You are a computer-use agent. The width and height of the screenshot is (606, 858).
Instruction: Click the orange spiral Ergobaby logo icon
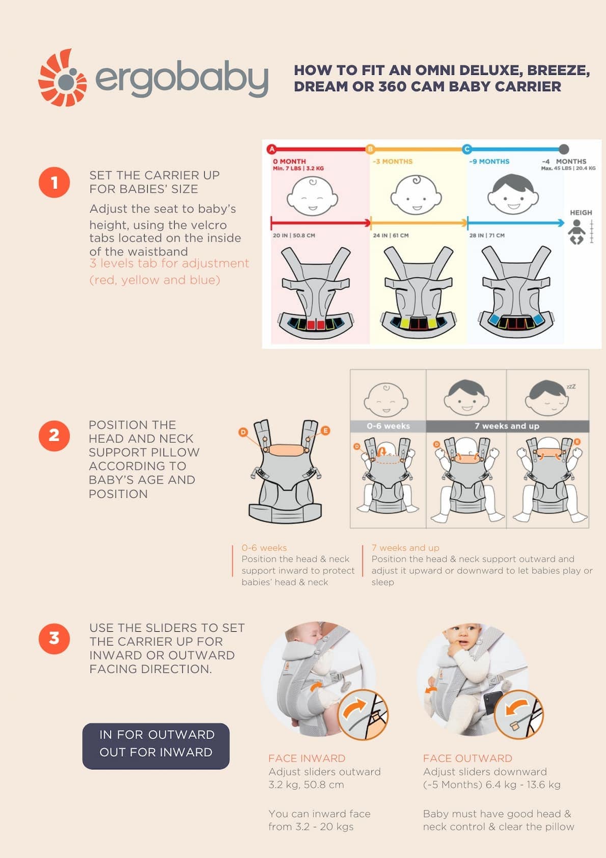click(63, 78)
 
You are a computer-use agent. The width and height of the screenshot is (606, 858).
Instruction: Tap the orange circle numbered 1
click(54, 182)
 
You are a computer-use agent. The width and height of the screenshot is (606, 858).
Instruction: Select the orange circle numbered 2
click(54, 436)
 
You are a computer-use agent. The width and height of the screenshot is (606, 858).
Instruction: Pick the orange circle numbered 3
click(54, 638)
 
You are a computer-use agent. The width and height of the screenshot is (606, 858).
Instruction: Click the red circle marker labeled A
click(271, 149)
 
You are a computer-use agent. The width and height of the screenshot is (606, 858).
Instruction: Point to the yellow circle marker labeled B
click(370, 149)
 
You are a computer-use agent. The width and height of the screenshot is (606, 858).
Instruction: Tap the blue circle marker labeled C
click(466, 149)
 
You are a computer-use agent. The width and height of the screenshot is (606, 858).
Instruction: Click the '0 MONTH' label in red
click(289, 162)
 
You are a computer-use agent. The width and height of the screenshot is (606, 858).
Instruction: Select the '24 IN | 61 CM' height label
click(391, 235)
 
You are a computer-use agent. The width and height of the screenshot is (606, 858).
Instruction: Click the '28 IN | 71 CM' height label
click(487, 235)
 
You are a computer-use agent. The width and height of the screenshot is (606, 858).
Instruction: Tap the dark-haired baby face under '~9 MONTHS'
click(513, 194)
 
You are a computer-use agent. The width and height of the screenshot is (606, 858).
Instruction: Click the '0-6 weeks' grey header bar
click(388, 426)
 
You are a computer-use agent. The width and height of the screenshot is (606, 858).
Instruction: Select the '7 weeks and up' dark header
click(508, 426)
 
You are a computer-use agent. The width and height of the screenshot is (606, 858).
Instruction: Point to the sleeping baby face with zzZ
click(548, 398)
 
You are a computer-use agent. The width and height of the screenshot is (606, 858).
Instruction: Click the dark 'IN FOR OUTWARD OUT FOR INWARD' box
click(156, 746)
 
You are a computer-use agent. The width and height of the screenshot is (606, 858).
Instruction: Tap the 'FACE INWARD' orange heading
click(307, 758)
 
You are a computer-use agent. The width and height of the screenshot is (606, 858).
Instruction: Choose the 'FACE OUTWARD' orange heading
click(467, 758)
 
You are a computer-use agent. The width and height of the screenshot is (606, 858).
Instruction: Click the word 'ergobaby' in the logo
click(182, 78)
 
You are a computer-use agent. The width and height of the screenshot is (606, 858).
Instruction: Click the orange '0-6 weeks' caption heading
click(264, 548)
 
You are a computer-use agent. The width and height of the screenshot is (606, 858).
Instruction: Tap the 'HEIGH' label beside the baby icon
click(581, 212)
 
